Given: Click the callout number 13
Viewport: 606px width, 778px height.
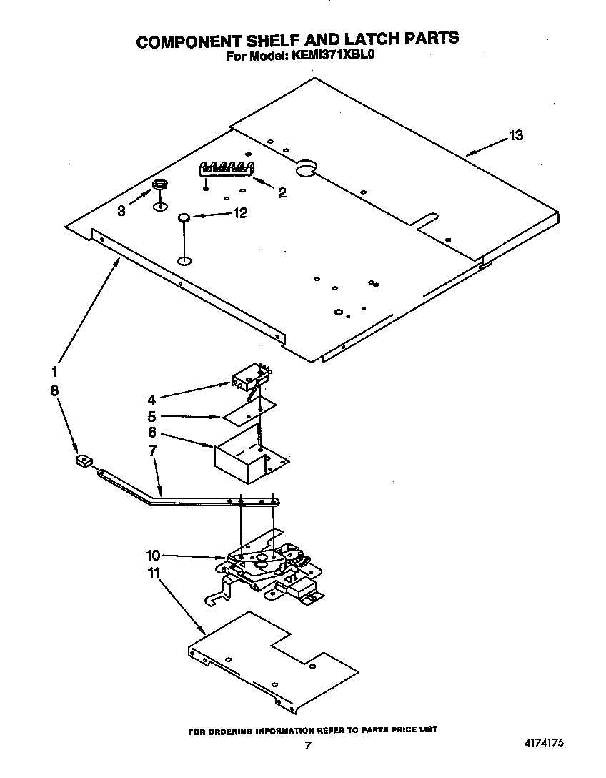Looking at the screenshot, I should tap(515, 135).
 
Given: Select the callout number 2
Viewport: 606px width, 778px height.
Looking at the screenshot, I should tap(282, 192).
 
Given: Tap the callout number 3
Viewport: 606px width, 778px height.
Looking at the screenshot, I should tap(121, 210).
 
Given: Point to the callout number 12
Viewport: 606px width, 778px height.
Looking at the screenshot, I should tap(240, 212).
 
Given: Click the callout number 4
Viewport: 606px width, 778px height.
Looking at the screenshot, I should tap(151, 399).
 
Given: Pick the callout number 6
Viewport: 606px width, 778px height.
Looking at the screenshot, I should tap(151, 433).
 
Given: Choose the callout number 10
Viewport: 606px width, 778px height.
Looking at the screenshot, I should tap(154, 554).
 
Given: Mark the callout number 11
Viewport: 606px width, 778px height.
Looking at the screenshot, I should tap(154, 573).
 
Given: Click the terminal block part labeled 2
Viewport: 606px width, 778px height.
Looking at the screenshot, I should tap(227, 169).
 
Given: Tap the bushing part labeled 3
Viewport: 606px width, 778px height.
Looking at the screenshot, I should tap(160, 186).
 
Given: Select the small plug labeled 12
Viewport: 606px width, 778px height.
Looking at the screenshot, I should tap(184, 217).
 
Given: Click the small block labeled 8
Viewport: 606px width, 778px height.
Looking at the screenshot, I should tap(82, 462).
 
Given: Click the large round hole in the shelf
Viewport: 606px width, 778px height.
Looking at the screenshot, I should tap(305, 167).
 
